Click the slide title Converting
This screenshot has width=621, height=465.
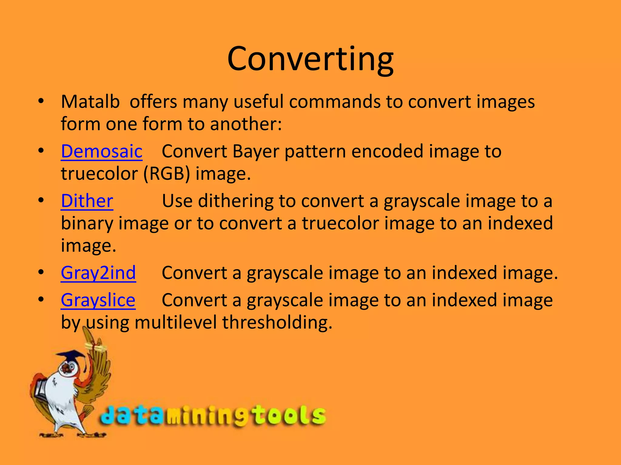[x=310, y=59]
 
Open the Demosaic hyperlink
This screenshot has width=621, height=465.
[x=102, y=151]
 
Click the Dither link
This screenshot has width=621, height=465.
[x=87, y=201]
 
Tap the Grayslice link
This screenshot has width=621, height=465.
[x=98, y=300]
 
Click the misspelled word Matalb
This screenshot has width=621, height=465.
[x=90, y=102]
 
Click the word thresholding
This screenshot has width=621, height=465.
[x=277, y=323]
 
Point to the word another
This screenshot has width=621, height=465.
[x=246, y=124]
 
